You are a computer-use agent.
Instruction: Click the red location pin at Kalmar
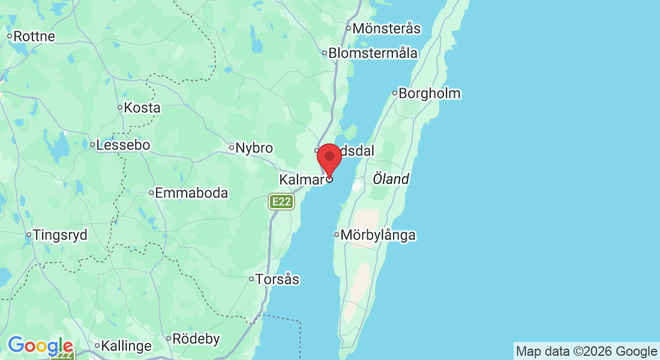[329, 158]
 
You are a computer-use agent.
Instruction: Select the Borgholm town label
[430, 94]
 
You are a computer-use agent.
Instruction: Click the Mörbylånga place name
[378, 235]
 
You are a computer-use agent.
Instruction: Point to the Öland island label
[391, 179]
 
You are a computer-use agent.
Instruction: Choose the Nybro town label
[254, 148]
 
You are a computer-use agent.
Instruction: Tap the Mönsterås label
[386, 28]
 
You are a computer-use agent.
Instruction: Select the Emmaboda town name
[191, 193]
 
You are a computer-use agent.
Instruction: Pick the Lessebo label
[123, 145]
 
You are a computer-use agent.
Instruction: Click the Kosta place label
[142, 108]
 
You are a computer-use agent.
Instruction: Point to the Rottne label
[34, 37]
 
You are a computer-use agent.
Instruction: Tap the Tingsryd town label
[60, 235]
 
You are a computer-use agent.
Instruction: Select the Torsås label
[277, 280]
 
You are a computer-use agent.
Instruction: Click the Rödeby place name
[196, 339]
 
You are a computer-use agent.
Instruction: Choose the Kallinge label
[126, 346]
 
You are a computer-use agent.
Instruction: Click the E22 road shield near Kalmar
[281, 202]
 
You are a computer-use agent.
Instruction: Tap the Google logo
[40, 346]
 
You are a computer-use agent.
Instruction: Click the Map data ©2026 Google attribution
[586, 352]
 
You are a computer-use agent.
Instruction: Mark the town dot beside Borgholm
[395, 93]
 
